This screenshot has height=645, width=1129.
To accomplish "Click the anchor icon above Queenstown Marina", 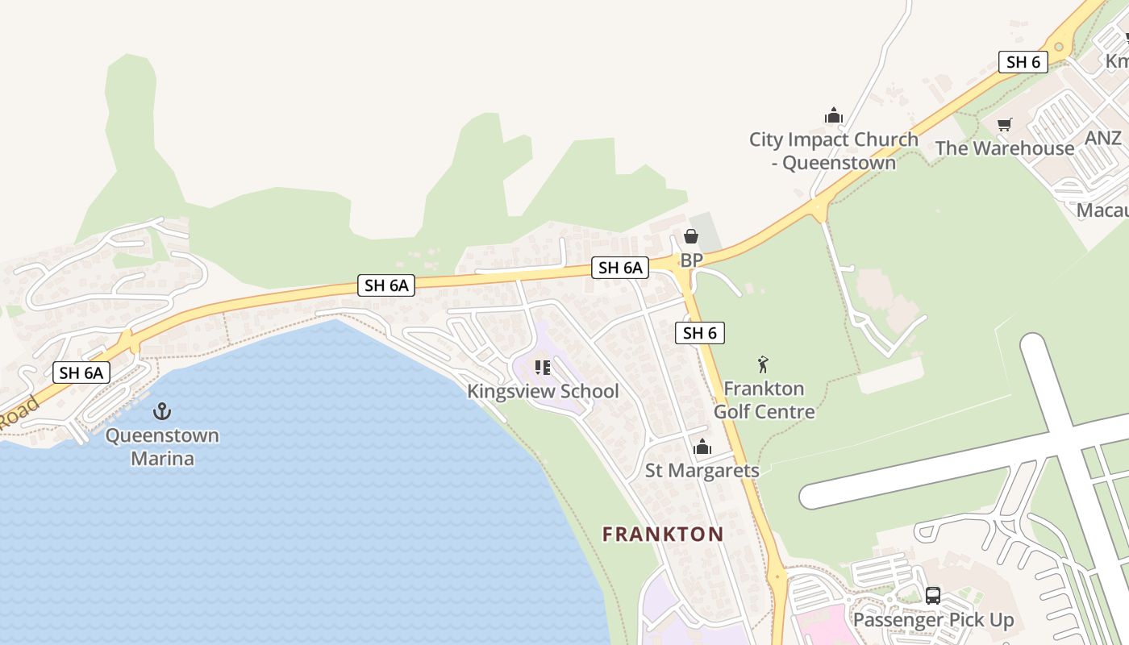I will coord(162,411).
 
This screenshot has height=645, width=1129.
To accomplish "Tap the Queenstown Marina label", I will coord(162,447).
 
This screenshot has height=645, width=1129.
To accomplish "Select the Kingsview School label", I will coord(543,392).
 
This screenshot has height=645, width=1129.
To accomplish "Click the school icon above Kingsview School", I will coord(543,368).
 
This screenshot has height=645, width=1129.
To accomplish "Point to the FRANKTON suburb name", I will coord(663,534).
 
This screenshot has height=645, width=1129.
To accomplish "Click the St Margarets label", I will coord(702,470).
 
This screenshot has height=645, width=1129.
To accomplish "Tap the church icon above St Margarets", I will coord(702,447).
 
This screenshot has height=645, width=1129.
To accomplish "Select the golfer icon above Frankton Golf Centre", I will coord(763,365).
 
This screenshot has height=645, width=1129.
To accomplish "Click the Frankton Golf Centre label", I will coord(764,400).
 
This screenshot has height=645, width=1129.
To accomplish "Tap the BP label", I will coord(691,260).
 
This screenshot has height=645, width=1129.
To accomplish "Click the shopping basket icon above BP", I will coord(691,236).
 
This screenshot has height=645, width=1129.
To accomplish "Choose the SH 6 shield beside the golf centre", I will coord(699,332).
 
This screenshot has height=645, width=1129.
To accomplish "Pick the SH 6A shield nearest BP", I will coord(619,268).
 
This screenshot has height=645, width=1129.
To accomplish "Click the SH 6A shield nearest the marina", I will coord(81,372).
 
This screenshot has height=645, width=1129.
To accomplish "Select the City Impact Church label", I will coord(833,151).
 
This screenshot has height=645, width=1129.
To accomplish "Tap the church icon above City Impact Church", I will coord(834,116).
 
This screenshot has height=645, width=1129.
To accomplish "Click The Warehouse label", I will coord(1004,148).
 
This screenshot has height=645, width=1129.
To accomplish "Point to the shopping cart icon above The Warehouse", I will coord(1005,124).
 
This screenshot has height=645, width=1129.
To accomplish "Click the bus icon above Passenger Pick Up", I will coord(933,596).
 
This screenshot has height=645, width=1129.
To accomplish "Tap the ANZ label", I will coord(1102,138).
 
